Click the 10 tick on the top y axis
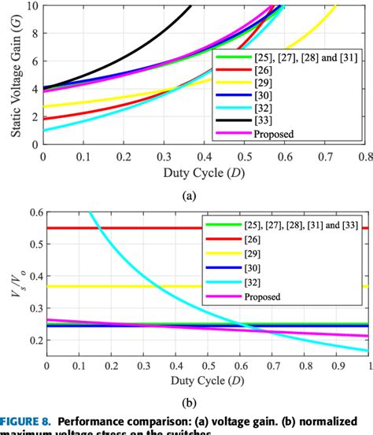pos(31,6)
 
